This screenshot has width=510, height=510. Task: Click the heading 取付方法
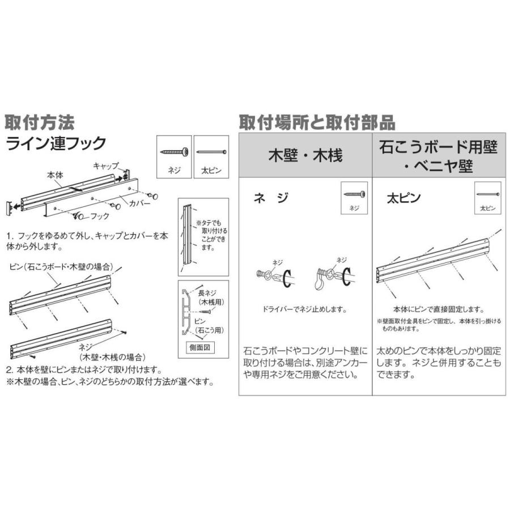coord(40,122)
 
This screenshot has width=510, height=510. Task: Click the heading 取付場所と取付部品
coord(316,122)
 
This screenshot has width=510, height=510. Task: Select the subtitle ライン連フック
coord(55,143)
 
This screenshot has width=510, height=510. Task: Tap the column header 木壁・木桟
coord(305,155)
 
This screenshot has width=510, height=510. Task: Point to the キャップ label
coord(105,166)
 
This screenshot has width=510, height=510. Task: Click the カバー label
coord(140,202)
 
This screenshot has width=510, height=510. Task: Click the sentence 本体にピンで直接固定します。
coord(439,309)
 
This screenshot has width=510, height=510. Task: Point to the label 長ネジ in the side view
coord(207,292)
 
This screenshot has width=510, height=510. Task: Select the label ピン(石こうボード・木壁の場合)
coord(60,266)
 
